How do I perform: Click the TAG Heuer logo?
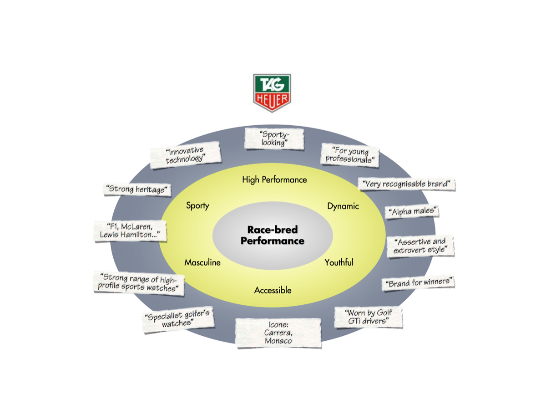click(x=272, y=93)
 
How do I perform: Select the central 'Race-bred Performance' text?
click(x=272, y=235)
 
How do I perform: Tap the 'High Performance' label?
click(x=274, y=179)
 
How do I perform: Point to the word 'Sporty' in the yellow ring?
click(x=197, y=205)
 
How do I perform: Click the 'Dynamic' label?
click(x=343, y=206)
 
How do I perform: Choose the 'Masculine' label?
click(x=202, y=262)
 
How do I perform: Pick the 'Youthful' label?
click(x=339, y=262)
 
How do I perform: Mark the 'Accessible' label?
click(x=273, y=290)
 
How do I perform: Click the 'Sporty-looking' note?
click(x=274, y=138)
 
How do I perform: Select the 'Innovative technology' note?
click(x=185, y=155)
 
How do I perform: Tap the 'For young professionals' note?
click(x=350, y=155)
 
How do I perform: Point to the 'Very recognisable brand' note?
click(x=406, y=184)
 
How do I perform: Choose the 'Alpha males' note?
click(x=412, y=211)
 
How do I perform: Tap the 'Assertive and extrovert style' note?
click(x=420, y=246)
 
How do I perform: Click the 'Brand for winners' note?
click(x=419, y=283)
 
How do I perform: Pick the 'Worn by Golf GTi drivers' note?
click(x=368, y=317)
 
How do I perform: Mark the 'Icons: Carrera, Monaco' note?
click(x=278, y=333)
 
